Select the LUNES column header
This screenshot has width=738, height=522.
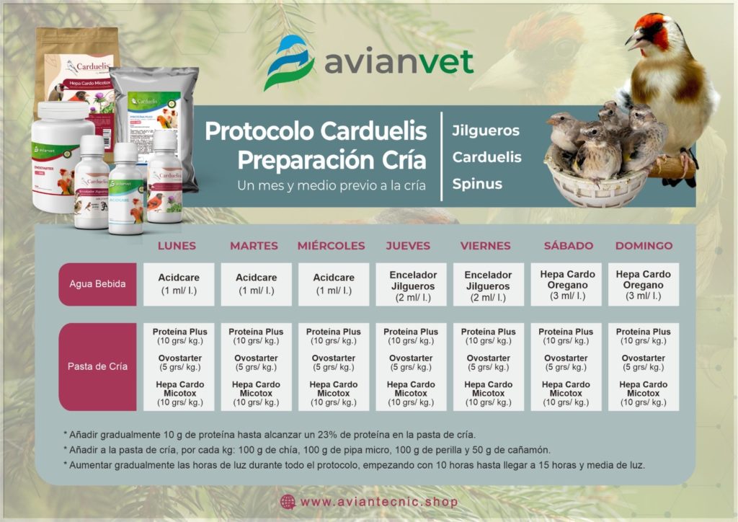tap(177, 246)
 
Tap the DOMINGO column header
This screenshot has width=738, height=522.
tap(644, 246)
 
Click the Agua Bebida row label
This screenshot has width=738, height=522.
tap(97, 284)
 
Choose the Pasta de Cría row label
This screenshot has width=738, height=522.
tap(97, 366)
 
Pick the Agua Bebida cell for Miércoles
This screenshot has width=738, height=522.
tap(334, 284)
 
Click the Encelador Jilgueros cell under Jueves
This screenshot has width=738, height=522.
tap(411, 284)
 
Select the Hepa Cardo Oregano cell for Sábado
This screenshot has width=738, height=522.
tap(566, 284)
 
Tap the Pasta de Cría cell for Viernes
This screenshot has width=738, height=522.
tap(489, 366)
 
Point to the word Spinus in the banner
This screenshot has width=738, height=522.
tap(477, 184)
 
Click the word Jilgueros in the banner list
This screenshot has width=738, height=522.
tap(486, 131)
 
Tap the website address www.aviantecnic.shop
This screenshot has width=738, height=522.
tap(378, 502)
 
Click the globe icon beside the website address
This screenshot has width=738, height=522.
tap(288, 502)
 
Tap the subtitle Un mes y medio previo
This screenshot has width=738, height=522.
tap(332, 185)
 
